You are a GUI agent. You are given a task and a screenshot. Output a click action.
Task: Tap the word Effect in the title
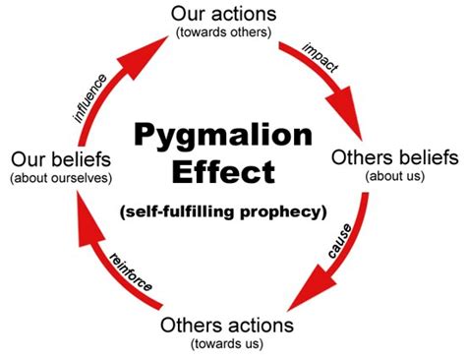coord(232,172)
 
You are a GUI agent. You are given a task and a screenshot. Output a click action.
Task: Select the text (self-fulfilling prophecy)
coord(232,211)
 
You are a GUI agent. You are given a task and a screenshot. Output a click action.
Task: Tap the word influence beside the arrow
coord(92,95)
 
